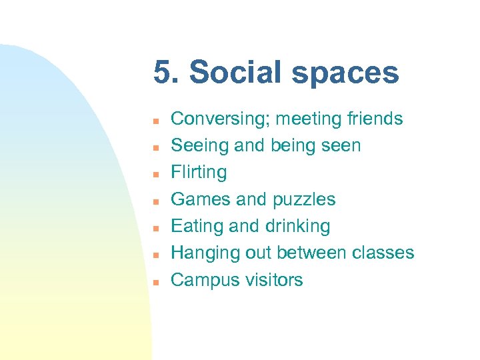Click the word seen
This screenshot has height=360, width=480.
pyautogui.click(x=341, y=146)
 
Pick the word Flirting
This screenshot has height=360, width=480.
pyautogui.click(x=199, y=173)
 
